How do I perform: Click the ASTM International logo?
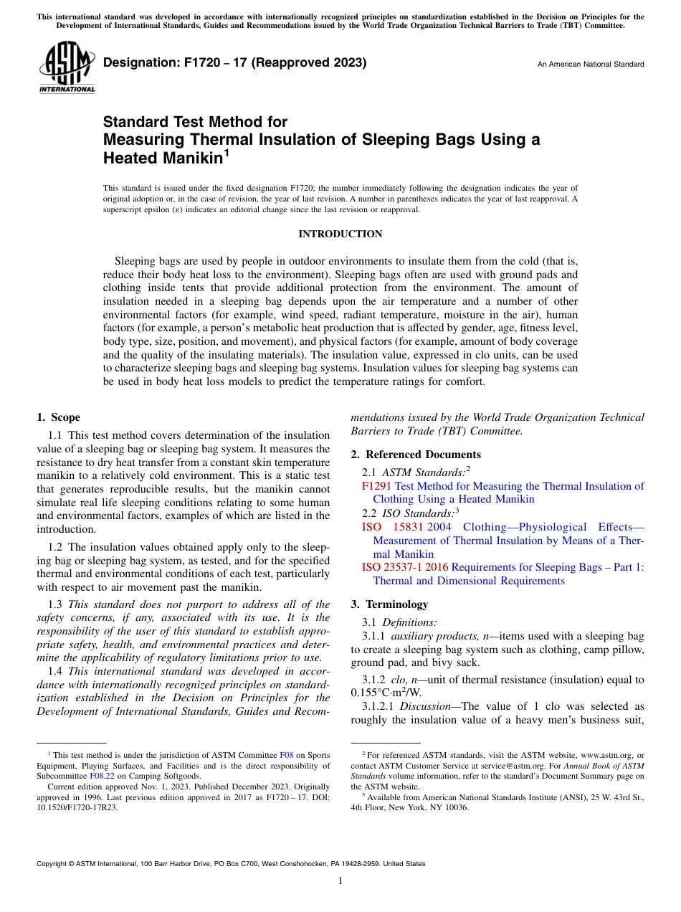tap(67, 67)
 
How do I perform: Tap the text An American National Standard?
tap(591, 65)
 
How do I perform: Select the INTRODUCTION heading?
tap(340, 234)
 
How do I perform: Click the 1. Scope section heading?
tap(59, 417)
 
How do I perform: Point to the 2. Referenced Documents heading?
tap(416, 455)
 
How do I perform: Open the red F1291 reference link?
tap(377, 486)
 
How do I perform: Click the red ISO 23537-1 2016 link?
tap(404, 567)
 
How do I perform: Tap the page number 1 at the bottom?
tap(340, 880)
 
